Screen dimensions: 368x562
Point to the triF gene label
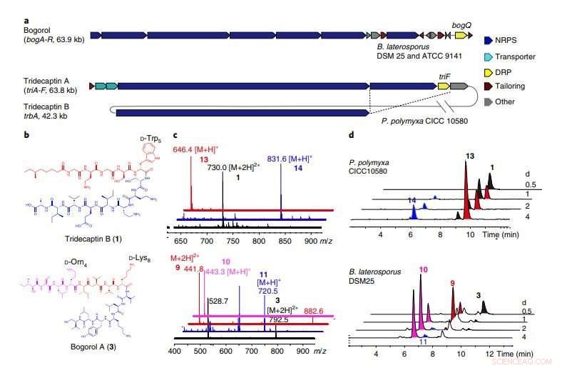pyautogui.click(x=446, y=75)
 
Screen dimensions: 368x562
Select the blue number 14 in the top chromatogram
pyautogui.click(x=412, y=202)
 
